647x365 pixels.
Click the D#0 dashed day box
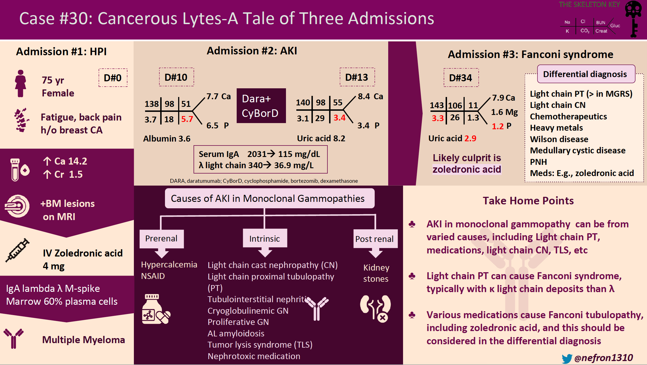[113, 78]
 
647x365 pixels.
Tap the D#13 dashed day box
[357, 77]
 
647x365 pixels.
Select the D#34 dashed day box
[461, 78]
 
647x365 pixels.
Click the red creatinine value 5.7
[187, 119]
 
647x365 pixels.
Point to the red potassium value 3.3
[437, 118]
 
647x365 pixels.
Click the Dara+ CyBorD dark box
[261, 106]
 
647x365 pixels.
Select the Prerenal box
[161, 239]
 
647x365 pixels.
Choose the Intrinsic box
[265, 239]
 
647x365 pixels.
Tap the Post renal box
[375, 239]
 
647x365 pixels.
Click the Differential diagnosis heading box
[585, 74]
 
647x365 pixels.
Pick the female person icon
[20, 84]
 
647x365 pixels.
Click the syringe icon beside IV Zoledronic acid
[18, 250]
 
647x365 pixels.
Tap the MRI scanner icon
[17, 206]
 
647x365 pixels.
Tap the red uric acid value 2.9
[470, 138]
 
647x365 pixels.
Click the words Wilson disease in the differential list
[559, 139]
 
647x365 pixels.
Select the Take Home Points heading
[528, 201]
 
